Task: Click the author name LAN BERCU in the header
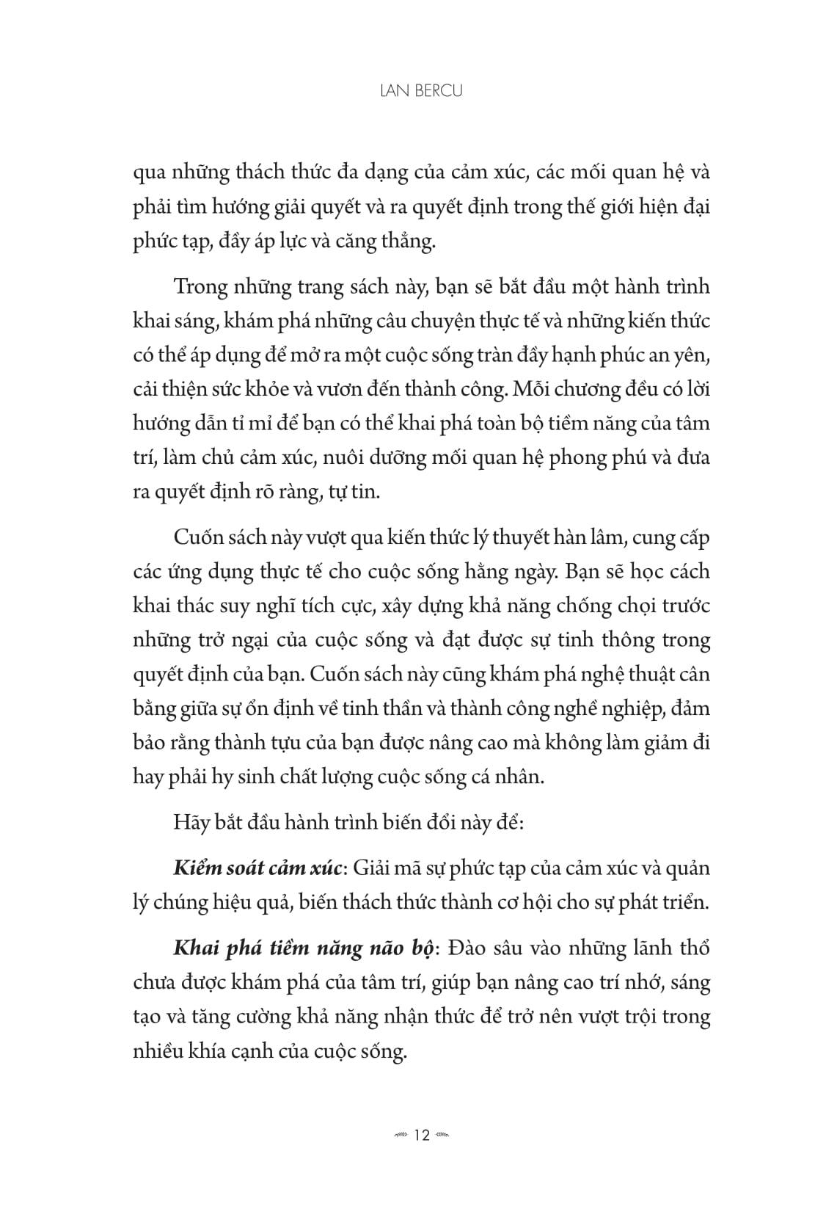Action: (412, 92)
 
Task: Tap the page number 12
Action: (421, 1136)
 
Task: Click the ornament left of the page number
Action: (400, 1136)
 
